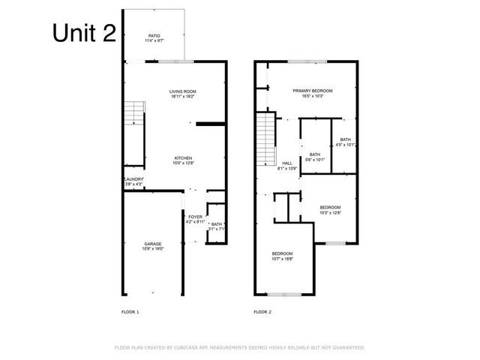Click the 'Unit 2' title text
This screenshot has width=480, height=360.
point(84,33)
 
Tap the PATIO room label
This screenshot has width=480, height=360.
point(154,35)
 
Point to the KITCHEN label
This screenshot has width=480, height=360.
point(183,158)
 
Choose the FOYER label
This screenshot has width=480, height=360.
point(195,217)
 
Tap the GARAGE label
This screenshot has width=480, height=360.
point(153,244)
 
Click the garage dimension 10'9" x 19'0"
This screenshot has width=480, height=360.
point(153,249)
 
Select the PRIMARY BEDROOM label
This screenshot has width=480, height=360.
point(312,91)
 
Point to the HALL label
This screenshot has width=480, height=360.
point(287,163)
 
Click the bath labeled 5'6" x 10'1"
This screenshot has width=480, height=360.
point(315,155)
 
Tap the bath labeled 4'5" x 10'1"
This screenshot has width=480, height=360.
point(345,139)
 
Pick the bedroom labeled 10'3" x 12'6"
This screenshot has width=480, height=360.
point(330,208)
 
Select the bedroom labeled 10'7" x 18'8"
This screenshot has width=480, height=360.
point(283,253)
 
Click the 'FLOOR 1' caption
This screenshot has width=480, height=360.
point(130,311)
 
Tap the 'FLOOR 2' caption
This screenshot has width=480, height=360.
point(262,311)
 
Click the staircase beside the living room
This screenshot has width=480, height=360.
point(133,114)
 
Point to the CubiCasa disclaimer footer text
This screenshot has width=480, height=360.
point(239,347)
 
